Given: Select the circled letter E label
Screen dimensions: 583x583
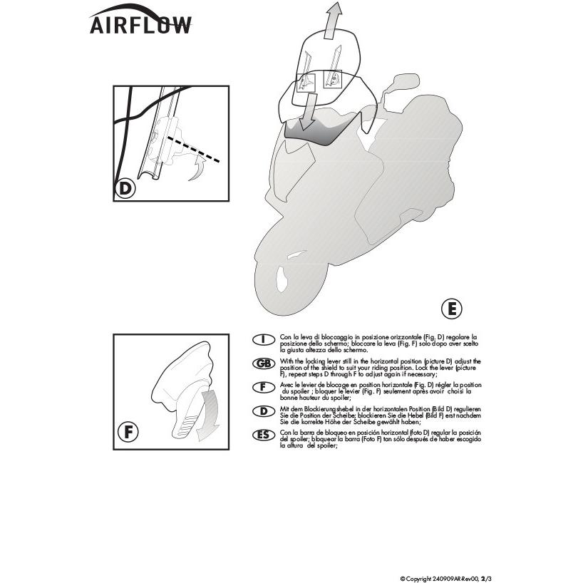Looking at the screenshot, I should pyautogui.click(x=451, y=309).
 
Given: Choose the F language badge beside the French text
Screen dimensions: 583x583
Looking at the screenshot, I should pyautogui.click(x=264, y=387).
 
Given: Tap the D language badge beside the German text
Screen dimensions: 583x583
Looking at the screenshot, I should pyautogui.click(x=264, y=411).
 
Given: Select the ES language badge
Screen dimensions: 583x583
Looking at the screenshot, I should pyautogui.click(x=264, y=435).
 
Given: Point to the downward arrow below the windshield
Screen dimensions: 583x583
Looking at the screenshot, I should pyautogui.click(x=308, y=110).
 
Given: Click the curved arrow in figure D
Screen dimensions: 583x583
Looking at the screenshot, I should pyautogui.click(x=198, y=168).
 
